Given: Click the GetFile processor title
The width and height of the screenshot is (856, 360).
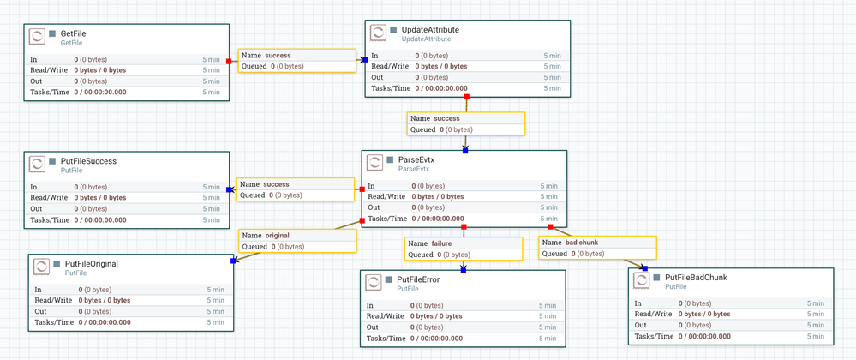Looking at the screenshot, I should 74,33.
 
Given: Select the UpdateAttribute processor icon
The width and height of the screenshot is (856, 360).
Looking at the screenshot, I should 378,33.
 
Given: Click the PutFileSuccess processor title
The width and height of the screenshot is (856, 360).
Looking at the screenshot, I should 88,160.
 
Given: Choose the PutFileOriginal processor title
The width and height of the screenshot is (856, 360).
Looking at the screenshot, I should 91,264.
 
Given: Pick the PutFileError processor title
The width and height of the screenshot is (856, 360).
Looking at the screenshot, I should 418,279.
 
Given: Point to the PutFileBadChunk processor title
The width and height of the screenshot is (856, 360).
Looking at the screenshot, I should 696,278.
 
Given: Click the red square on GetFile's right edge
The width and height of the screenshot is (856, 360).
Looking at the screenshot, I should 229,61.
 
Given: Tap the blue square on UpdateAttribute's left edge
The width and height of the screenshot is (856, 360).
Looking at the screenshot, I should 365,60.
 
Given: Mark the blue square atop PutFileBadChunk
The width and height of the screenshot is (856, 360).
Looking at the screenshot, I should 644,268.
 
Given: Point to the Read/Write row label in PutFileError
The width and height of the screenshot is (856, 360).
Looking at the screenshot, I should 385,315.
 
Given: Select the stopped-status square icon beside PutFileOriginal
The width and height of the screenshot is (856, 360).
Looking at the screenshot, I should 57,264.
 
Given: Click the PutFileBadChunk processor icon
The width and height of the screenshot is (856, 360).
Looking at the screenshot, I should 641,282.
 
